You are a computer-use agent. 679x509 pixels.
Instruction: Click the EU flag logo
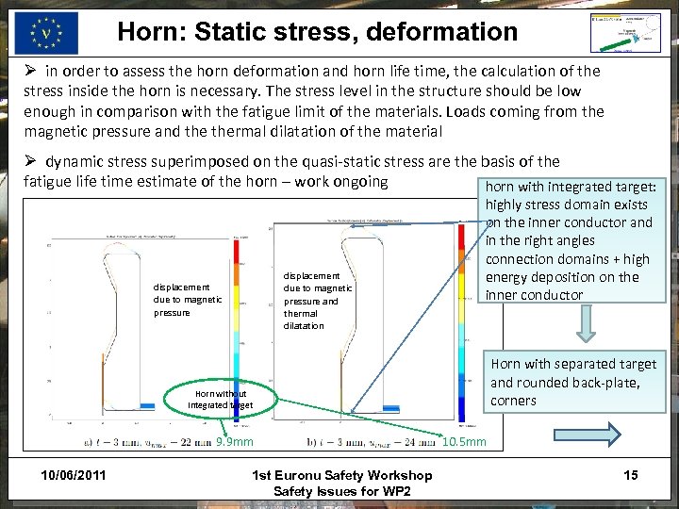(x=46, y=33)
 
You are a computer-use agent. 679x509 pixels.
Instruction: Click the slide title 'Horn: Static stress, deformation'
(x=318, y=32)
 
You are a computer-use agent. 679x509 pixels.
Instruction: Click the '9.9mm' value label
(x=235, y=441)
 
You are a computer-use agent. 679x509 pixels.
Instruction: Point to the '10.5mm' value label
(x=464, y=442)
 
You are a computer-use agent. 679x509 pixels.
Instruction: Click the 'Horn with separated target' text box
(x=573, y=382)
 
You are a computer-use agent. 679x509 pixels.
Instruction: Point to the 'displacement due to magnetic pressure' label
(x=188, y=300)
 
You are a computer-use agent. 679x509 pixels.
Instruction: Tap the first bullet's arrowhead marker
(x=29, y=72)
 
